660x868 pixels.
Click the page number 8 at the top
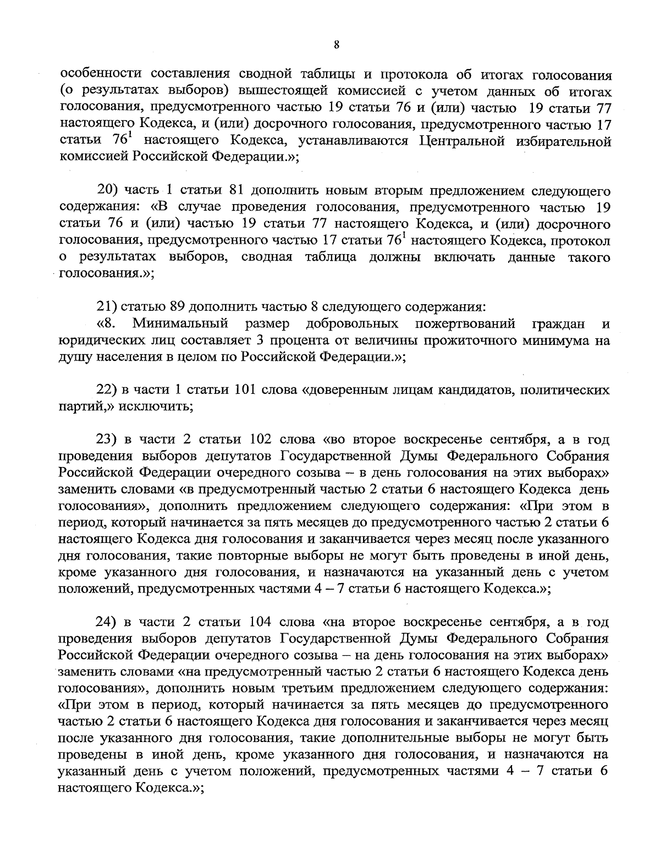336,46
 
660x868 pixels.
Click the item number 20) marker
108,190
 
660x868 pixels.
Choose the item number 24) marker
108,622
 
